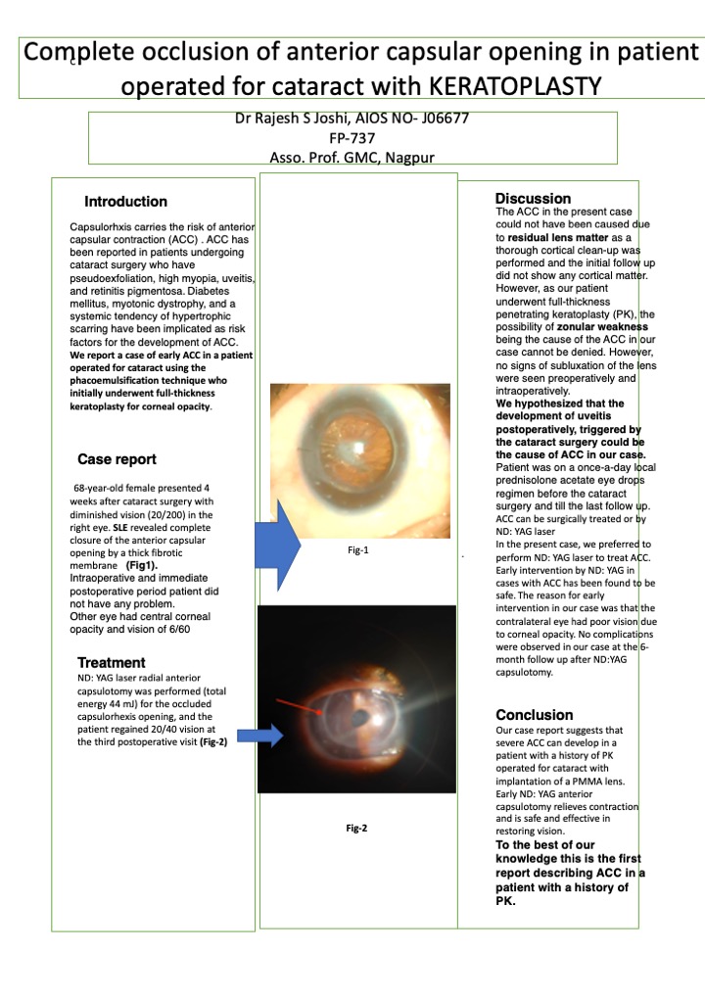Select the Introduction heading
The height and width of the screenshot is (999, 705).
pos(125,202)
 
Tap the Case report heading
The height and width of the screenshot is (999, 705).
pos(117,459)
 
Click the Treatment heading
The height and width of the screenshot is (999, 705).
pos(112,663)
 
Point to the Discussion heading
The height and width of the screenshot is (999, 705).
pos(533,199)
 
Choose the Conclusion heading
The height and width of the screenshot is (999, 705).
pos(534,715)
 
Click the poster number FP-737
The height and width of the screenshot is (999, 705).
pos(352,139)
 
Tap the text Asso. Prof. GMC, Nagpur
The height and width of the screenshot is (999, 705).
pos(352,158)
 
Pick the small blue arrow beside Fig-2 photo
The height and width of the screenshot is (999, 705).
pos(255,736)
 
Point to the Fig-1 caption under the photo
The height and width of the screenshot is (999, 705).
pos(357,550)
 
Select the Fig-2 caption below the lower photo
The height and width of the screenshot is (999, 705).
pos(356,829)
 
